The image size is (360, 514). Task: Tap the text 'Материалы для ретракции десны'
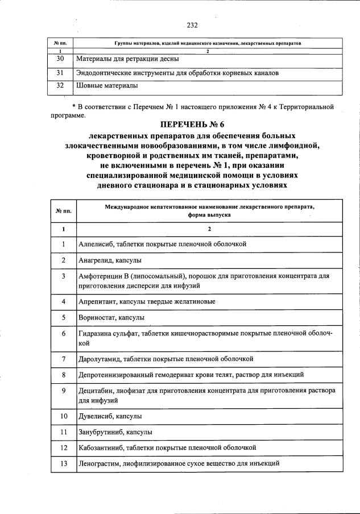click(x=128, y=59)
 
